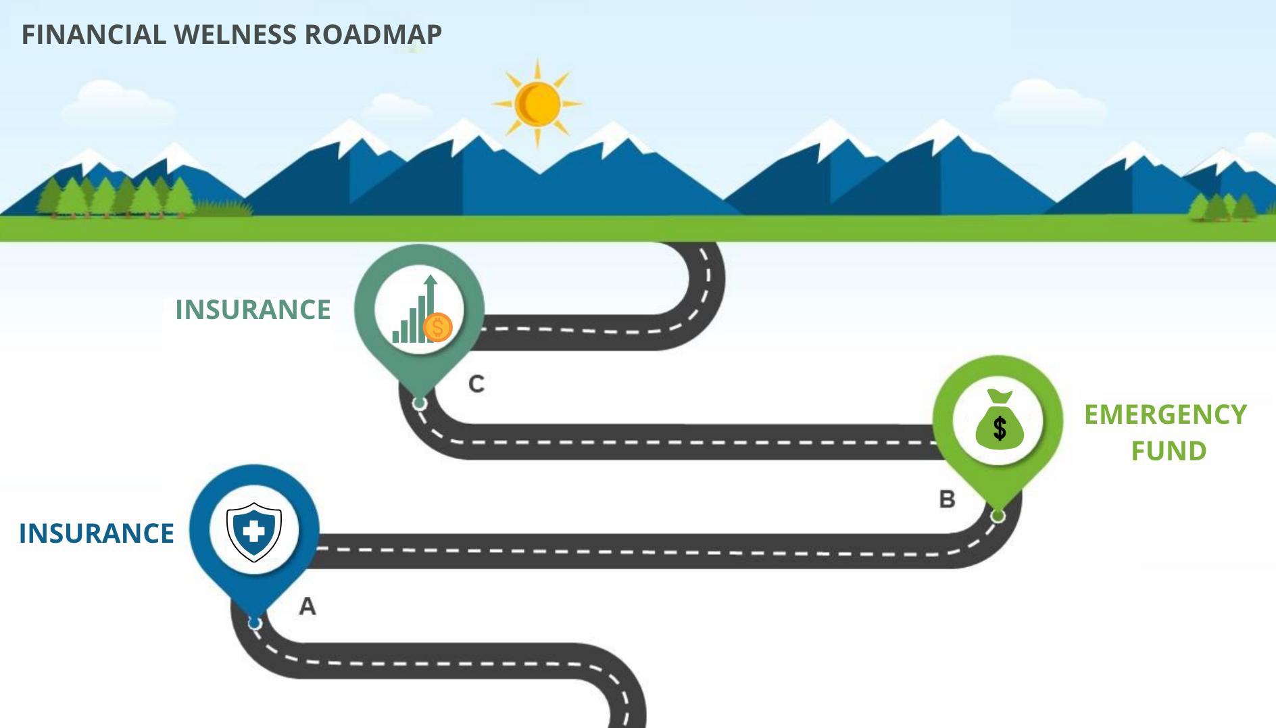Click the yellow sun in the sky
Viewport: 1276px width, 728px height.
tap(537, 104)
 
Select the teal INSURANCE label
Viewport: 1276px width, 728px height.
tap(253, 310)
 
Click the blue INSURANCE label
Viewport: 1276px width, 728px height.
tap(97, 533)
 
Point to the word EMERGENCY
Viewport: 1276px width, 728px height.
tap(1165, 414)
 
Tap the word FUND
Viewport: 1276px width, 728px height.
tap(1169, 451)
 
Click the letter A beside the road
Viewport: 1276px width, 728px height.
tap(308, 606)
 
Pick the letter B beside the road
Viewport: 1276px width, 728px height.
tap(947, 500)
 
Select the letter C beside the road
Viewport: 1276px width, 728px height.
tap(476, 384)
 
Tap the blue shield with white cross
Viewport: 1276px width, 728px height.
tap(254, 531)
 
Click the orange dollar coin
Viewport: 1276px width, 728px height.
tap(437, 328)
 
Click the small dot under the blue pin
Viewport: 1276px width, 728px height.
tap(254, 623)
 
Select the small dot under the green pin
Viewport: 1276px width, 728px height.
tap(998, 516)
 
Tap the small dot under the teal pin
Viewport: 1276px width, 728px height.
tap(420, 404)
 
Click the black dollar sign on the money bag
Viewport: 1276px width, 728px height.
tap(1000, 428)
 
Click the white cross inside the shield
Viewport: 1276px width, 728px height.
tap(254, 531)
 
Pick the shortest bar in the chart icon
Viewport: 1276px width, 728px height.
tap(396, 336)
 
